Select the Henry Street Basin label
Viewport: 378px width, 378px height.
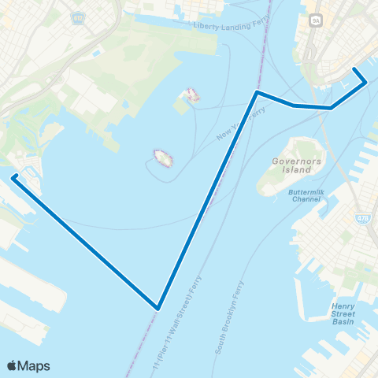click(x=343, y=313)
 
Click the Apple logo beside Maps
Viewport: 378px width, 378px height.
click(x=13, y=365)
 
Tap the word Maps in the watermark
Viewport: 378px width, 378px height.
click(x=35, y=366)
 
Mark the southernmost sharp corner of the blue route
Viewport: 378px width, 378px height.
click(x=158, y=308)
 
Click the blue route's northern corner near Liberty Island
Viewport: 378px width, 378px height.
click(x=257, y=93)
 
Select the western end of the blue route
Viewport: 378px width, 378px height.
click(x=14, y=176)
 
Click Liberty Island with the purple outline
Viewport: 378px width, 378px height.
click(x=163, y=158)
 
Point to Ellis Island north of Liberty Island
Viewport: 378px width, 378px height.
click(x=191, y=95)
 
